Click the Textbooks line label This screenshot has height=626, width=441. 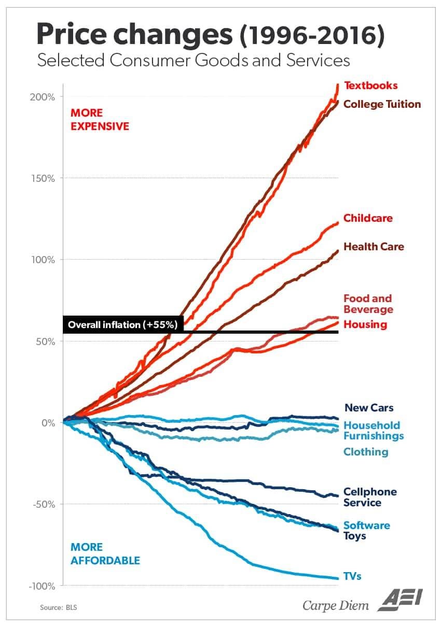(x=371, y=86)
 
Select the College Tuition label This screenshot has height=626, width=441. (x=382, y=104)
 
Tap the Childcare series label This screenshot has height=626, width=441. (x=368, y=218)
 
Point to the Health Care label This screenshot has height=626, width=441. (x=374, y=247)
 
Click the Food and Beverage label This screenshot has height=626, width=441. (x=368, y=304)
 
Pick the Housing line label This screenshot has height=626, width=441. (x=365, y=324)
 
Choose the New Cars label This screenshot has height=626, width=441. (x=369, y=408)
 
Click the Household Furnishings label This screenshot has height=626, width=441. (x=374, y=431)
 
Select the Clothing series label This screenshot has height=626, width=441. (x=366, y=452)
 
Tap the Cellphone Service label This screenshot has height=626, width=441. (x=370, y=497)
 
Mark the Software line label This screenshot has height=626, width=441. (x=367, y=525)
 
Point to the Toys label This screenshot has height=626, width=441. (x=355, y=536)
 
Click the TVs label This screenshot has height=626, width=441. (x=352, y=576)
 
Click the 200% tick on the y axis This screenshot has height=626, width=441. (x=42, y=97)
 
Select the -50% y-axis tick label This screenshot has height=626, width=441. (x=44, y=504)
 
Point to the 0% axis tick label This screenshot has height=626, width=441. (x=48, y=423)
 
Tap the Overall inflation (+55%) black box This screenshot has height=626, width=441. (x=123, y=325)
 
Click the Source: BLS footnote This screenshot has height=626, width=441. (x=59, y=607)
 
